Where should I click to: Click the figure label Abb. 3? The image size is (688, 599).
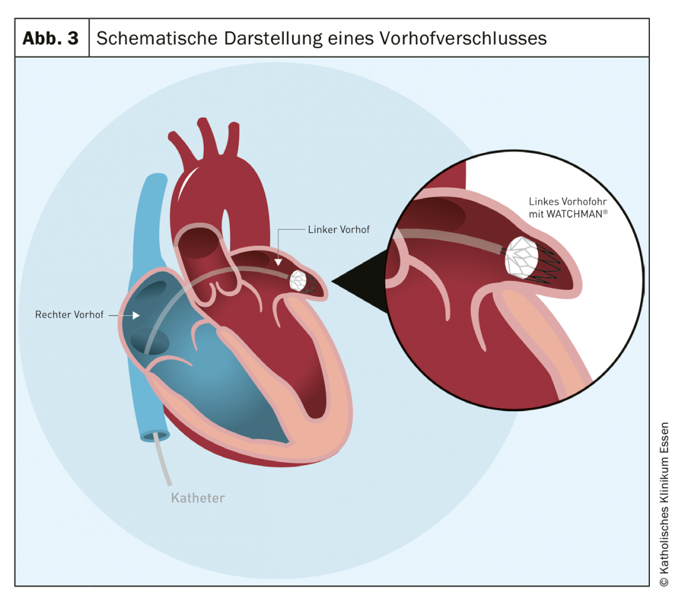pyautogui.click(x=51, y=38)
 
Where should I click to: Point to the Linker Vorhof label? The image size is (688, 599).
pyautogui.click(x=338, y=230)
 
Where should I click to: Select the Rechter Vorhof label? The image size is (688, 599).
pyautogui.click(x=69, y=314)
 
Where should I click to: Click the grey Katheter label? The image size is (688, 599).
pyautogui.click(x=198, y=498)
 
